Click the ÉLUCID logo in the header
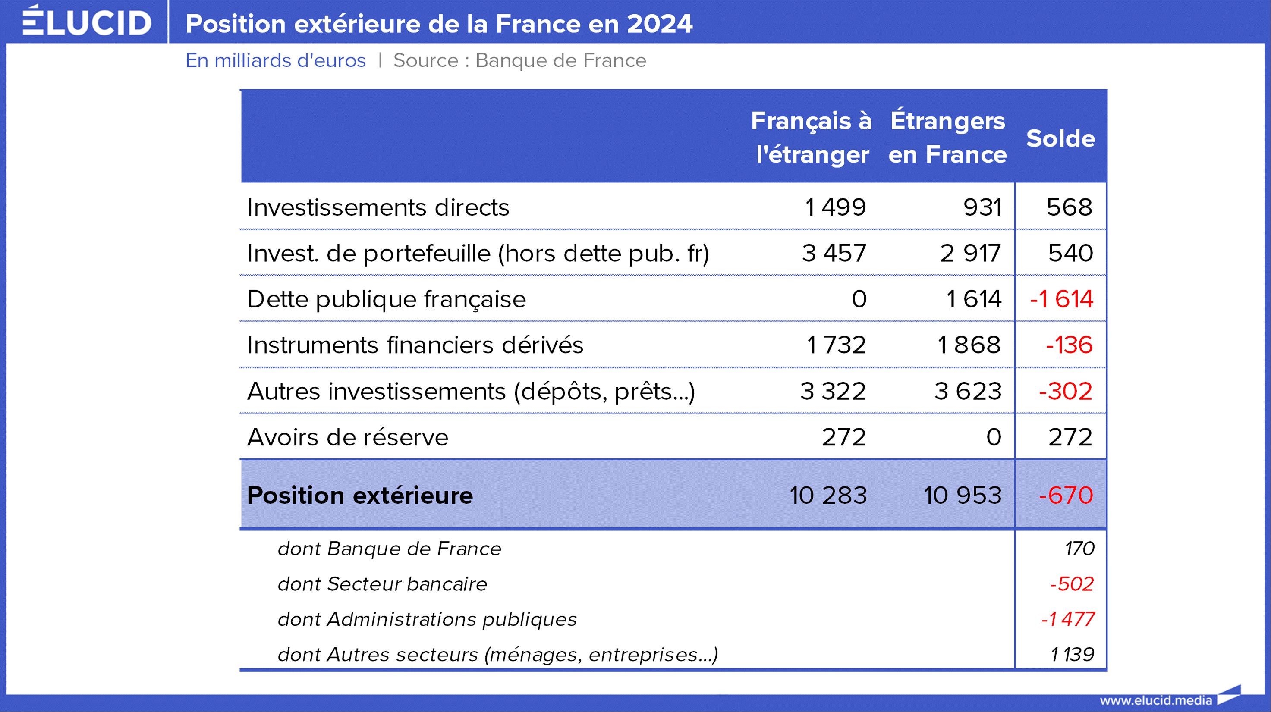[87, 22]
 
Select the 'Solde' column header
[1060, 138]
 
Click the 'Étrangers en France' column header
[947, 137]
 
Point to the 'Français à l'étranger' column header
[812, 137]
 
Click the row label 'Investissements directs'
[378, 207]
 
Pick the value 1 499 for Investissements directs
[835, 207]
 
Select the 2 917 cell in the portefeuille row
[970, 254]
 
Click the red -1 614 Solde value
[1061, 299]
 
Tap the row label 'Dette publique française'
[386, 299]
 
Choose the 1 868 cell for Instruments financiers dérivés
[969, 345]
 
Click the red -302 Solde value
[1065, 392]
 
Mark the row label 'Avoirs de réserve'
[347, 437]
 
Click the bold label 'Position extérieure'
[360, 495]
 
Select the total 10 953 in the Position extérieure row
[963, 495]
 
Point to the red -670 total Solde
[1066, 495]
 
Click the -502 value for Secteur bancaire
[1072, 584]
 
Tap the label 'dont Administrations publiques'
[427, 619]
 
